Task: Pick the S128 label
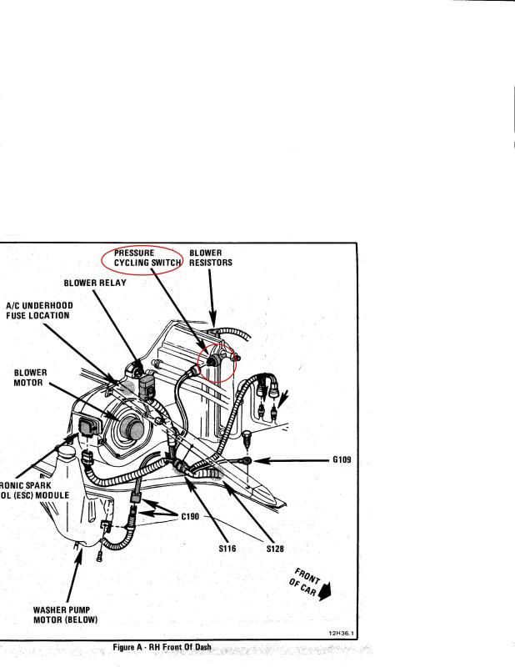click(x=277, y=549)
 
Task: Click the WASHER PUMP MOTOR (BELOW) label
click(x=64, y=614)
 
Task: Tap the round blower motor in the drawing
click(x=128, y=425)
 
